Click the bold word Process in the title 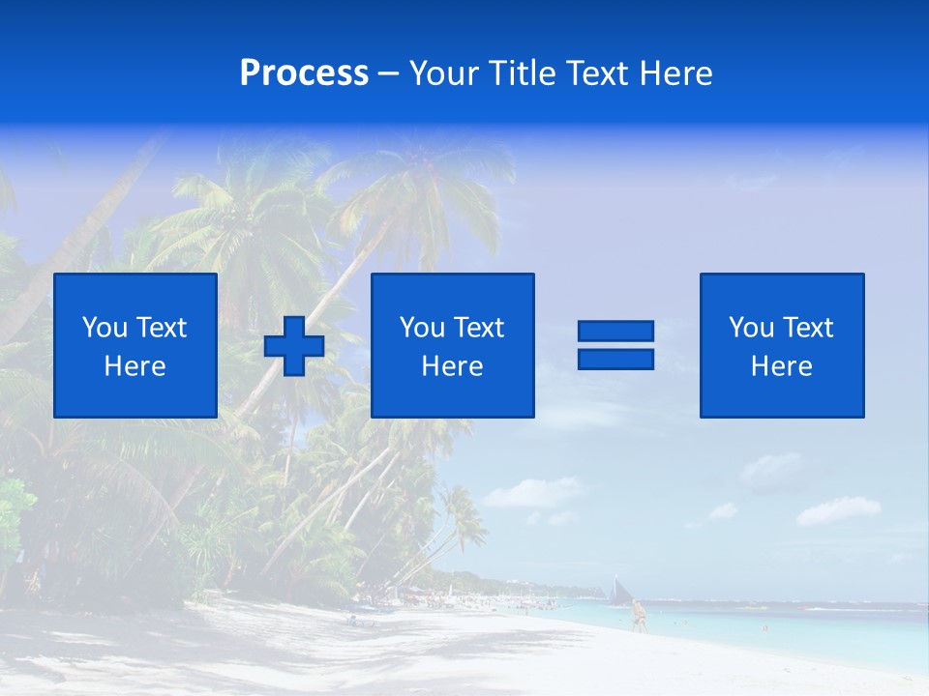304,73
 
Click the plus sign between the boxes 294,345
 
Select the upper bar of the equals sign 615,332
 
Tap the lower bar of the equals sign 615,359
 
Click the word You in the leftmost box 105,328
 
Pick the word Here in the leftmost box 135,366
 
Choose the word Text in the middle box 479,328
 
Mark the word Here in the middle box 453,366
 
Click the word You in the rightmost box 752,328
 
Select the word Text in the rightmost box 808,328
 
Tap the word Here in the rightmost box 782,366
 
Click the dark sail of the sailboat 619,589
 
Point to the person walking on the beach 638,616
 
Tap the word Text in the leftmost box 162,328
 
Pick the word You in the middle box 423,328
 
